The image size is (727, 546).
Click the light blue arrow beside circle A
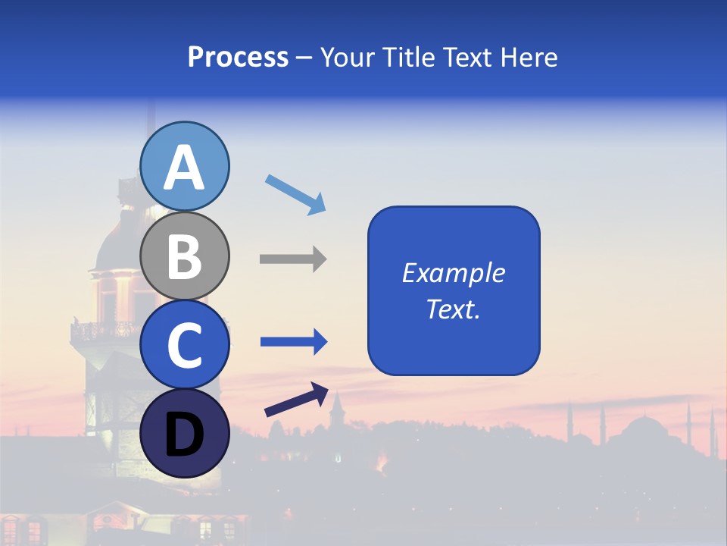[x=296, y=194]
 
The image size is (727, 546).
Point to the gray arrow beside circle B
[x=293, y=259]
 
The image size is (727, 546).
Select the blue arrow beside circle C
[x=294, y=342]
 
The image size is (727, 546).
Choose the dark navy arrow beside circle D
[x=296, y=399]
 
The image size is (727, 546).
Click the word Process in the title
[x=238, y=57]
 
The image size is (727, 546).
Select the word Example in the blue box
[x=453, y=273]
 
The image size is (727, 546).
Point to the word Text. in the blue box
[x=453, y=309]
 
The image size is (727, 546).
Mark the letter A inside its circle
[x=184, y=168]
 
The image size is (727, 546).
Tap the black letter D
[x=184, y=435]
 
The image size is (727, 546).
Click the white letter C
[x=184, y=346]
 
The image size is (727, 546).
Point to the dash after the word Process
[x=304, y=58]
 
